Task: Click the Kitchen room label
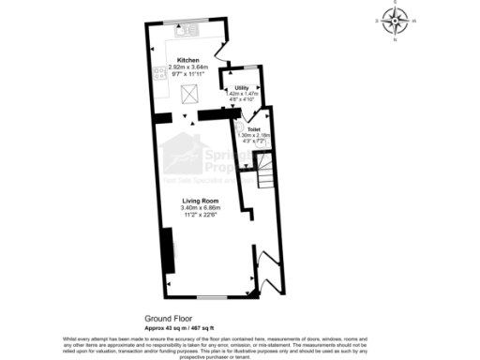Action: coord(188,60)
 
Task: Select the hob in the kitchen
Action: coord(156,75)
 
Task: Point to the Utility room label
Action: coord(242,87)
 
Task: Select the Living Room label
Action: coord(199,200)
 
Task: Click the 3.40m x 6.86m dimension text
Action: coord(199,207)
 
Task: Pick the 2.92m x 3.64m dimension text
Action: coord(188,67)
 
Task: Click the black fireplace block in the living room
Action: coord(168,247)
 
